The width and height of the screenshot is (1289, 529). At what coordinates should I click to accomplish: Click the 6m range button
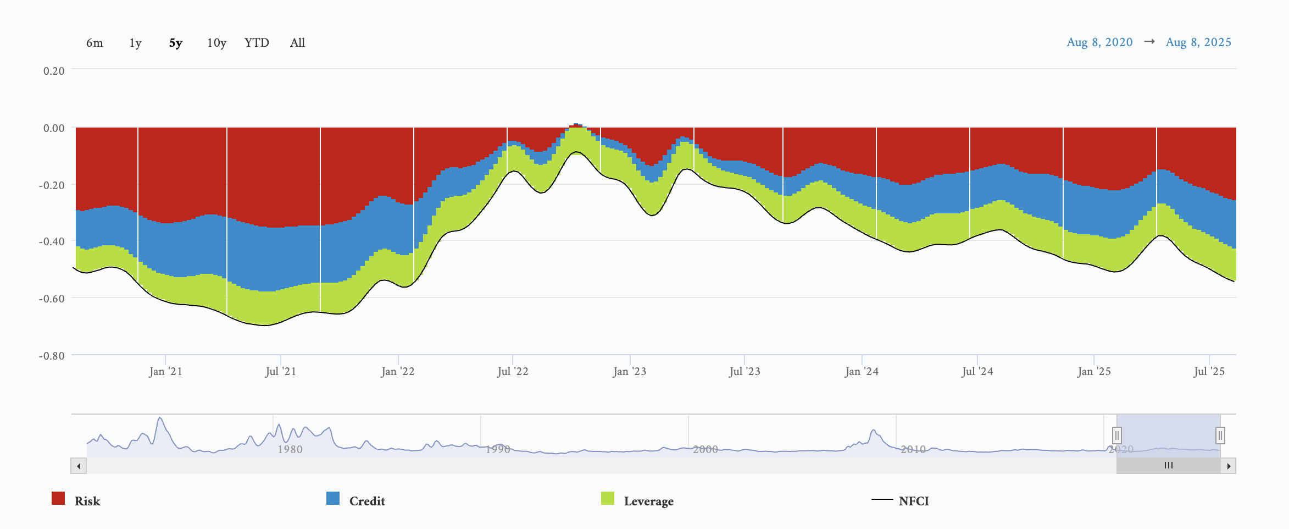click(95, 43)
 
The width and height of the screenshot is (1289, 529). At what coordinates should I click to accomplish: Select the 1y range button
click(135, 43)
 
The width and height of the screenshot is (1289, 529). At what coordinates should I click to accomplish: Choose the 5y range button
click(176, 43)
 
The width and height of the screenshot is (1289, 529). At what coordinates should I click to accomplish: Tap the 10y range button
click(216, 43)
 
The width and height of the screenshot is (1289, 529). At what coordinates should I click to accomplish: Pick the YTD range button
click(257, 43)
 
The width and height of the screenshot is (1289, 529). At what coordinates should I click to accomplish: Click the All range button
click(297, 43)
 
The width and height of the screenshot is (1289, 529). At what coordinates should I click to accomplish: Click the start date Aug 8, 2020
click(1099, 42)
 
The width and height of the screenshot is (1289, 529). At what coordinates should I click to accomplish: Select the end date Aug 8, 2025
click(1198, 42)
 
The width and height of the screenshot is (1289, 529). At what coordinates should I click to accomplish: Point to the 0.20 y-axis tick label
click(54, 71)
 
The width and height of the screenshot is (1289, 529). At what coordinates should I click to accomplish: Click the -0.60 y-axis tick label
click(52, 299)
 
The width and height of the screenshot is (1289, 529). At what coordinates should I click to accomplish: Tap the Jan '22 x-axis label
click(398, 372)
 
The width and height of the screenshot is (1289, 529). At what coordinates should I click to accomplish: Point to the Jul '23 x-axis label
click(744, 372)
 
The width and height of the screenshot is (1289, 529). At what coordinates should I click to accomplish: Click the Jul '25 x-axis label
click(1209, 372)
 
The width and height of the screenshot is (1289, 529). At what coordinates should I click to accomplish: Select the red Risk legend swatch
click(58, 498)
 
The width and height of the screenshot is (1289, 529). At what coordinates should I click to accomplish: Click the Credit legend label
click(367, 502)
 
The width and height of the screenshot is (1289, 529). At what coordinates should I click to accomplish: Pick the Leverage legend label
click(648, 502)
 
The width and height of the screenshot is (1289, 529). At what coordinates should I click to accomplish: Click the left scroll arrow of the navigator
click(79, 466)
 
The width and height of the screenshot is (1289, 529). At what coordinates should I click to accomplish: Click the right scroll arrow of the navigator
click(1229, 466)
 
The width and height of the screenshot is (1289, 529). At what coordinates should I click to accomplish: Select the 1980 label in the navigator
click(290, 449)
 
